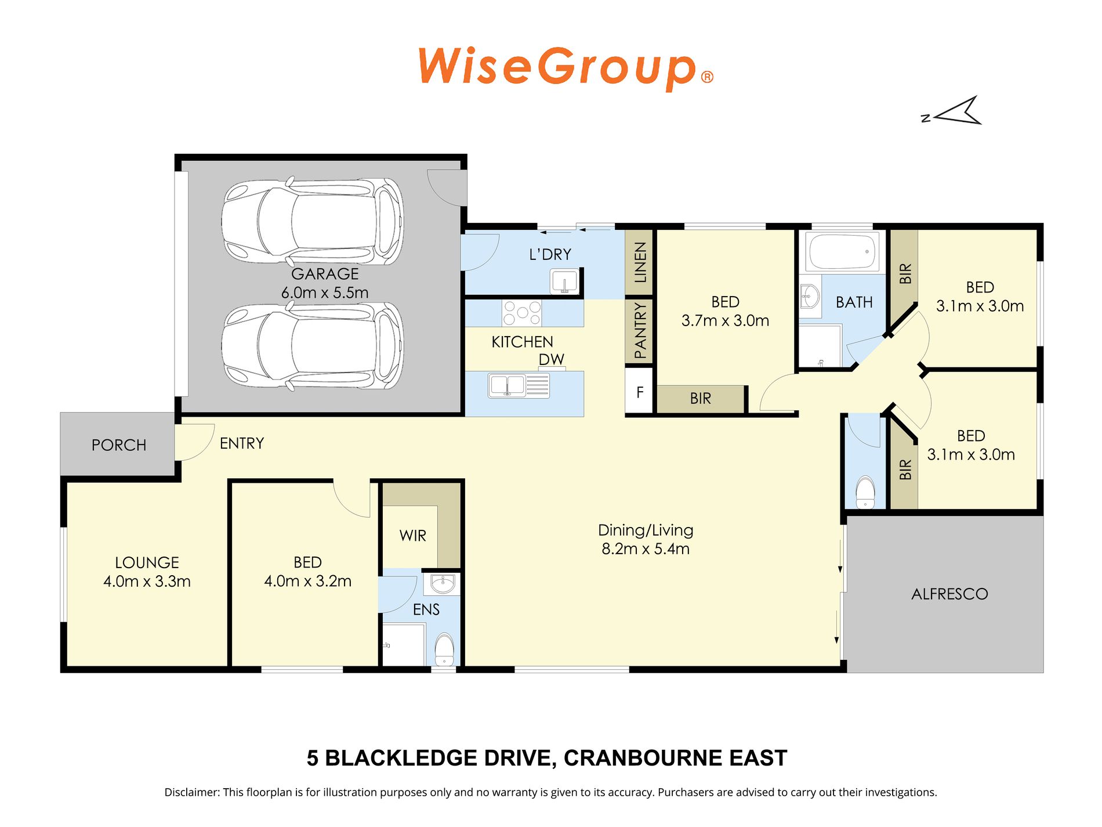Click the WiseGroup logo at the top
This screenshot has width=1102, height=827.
point(565,68)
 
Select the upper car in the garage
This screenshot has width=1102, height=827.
point(312,221)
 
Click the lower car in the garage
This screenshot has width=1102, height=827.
point(312,346)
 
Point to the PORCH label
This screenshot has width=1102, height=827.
point(119,445)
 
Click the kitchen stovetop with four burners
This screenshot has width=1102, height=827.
point(522,313)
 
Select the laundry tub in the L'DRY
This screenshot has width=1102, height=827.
point(564,281)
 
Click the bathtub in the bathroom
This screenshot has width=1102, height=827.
point(842,252)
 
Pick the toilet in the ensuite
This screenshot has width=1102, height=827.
point(444,649)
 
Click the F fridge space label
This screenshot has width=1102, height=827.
point(640,393)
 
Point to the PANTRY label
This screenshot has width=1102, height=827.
point(640,330)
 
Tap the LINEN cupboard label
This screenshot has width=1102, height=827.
point(640,262)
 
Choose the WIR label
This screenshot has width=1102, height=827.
point(413,536)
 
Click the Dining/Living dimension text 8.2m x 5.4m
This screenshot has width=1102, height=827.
point(646,549)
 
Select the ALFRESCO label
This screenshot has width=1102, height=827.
point(949,594)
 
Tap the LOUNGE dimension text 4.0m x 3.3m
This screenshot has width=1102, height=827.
point(147,582)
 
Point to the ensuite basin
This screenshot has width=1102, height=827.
point(443,584)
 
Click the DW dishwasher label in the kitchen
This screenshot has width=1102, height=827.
point(551,359)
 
